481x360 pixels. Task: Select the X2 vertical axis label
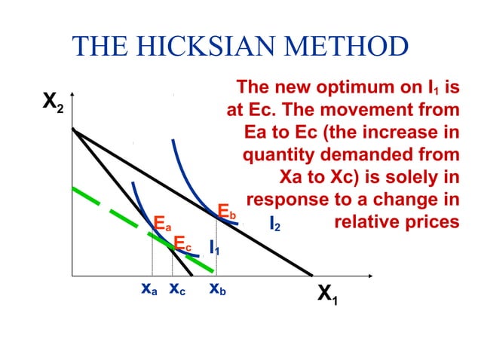pyautogui.click(x=53, y=104)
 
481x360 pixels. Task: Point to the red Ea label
pyautogui.click(x=162, y=224)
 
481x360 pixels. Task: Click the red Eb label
pyautogui.click(x=227, y=210)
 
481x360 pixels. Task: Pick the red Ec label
pyautogui.click(x=182, y=243)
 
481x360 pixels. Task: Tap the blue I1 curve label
pyautogui.click(x=214, y=249)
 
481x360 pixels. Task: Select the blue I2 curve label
pyautogui.click(x=275, y=224)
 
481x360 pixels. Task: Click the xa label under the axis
pyautogui.click(x=149, y=288)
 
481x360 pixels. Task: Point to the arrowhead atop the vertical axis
pyautogui.click(x=72, y=96)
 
